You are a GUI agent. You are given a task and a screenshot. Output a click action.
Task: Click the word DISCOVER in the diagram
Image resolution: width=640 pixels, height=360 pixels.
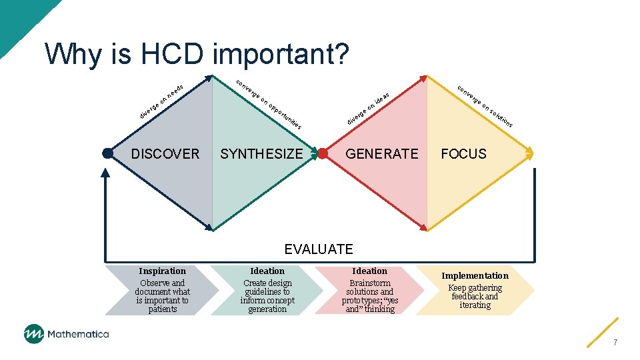(165, 154)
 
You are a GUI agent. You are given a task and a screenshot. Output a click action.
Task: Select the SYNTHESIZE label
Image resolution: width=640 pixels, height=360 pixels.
(261, 154)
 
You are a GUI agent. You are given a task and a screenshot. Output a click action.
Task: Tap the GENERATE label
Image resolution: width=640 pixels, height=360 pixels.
(381, 154)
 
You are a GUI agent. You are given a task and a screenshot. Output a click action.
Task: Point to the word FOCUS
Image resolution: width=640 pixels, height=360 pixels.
(463, 154)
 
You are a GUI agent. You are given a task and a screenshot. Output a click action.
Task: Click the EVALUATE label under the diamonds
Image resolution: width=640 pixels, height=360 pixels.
(319, 249)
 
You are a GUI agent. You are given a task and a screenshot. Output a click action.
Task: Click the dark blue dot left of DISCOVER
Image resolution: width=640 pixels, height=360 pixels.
(107, 153)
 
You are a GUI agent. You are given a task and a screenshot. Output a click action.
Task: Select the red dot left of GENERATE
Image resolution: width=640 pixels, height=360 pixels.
(323, 153)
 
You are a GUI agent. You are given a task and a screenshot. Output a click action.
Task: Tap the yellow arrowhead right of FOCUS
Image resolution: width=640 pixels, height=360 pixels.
(530, 153)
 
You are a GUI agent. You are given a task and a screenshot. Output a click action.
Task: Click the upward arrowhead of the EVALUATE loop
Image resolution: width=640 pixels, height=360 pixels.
(105, 172)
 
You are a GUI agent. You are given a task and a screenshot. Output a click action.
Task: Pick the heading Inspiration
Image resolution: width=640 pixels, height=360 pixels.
(162, 271)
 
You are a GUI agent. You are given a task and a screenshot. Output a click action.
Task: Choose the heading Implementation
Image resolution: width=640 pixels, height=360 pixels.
(475, 275)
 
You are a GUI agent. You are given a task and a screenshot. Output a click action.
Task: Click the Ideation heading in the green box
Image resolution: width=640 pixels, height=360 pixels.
(267, 271)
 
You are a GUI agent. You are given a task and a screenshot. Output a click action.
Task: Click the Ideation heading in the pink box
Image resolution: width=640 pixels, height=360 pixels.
(369, 271)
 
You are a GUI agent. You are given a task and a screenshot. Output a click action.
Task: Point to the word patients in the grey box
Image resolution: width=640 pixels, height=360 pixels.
(162, 309)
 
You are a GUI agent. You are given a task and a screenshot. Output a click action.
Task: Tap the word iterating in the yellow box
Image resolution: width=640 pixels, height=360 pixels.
(475, 305)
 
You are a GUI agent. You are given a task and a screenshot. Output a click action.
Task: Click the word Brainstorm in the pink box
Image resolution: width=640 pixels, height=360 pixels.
(369, 283)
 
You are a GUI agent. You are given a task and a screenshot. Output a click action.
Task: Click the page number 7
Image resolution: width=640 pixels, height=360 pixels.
(615, 342)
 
